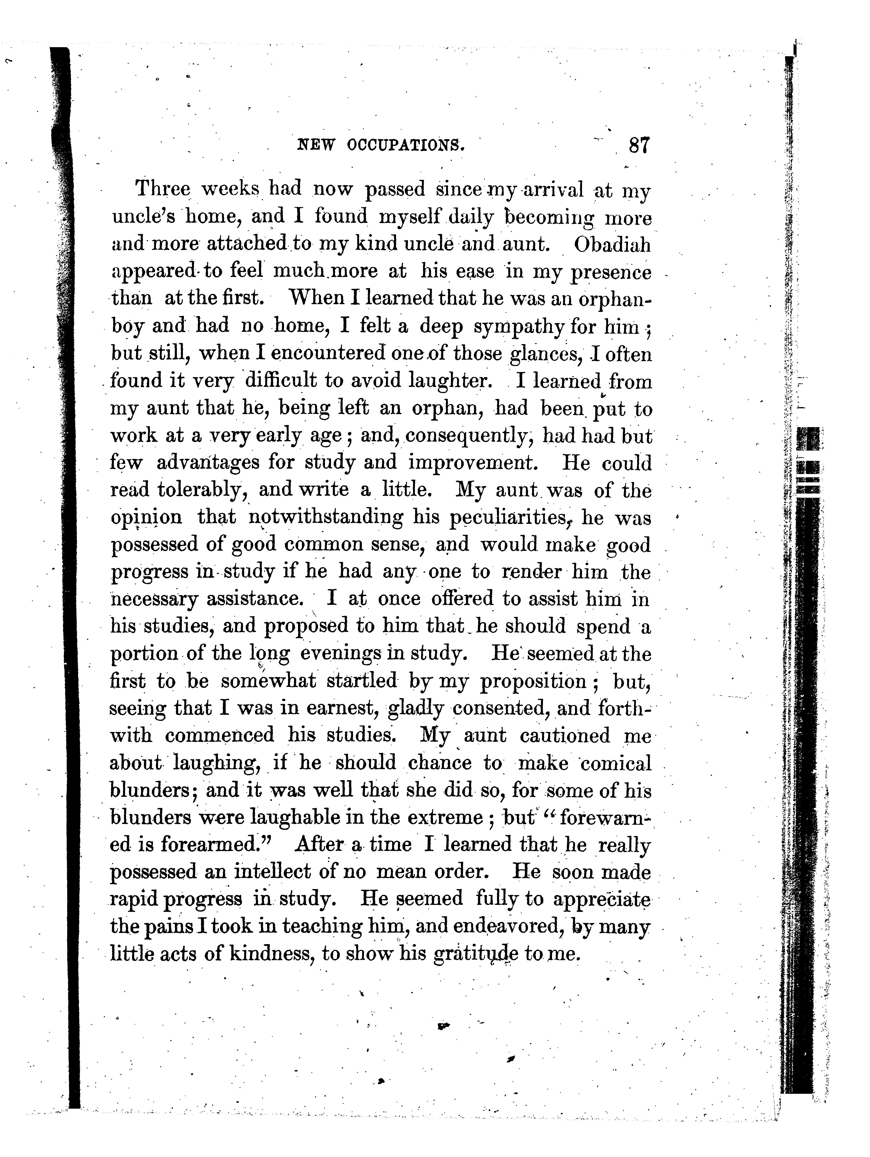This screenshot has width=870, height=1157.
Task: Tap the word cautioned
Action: [x=565, y=735]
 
